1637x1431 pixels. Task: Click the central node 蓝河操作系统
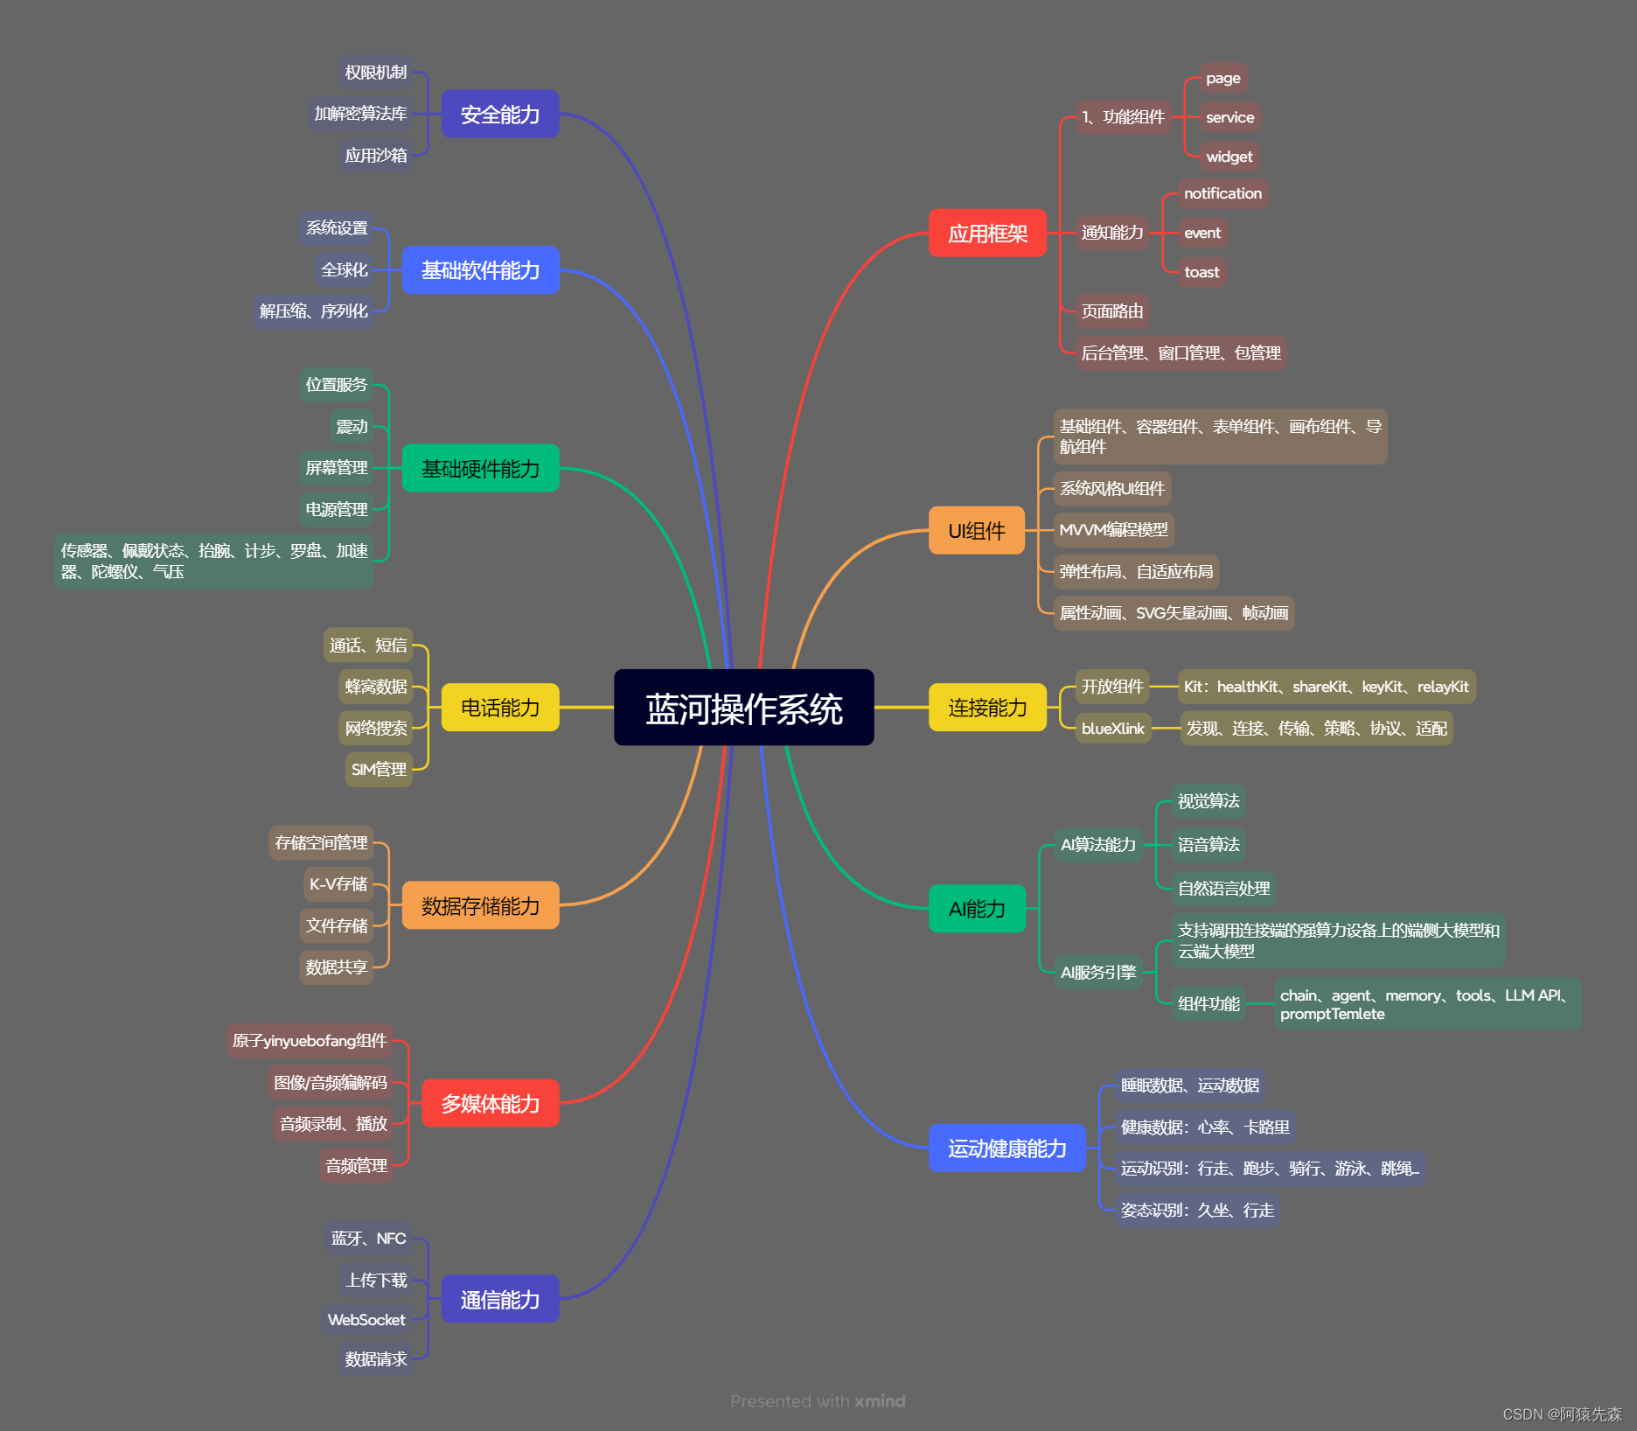tap(743, 708)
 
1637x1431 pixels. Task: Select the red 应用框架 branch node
tap(987, 234)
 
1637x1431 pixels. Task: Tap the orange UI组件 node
tap(976, 531)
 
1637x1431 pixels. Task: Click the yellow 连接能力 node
tap(987, 708)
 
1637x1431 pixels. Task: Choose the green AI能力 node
tap(976, 909)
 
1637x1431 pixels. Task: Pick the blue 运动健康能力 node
tap(1007, 1148)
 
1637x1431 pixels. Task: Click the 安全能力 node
tap(499, 115)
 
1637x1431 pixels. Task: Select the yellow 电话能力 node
tap(499, 708)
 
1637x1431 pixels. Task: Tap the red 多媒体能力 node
tap(490, 1104)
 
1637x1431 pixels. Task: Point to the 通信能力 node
tap(499, 1300)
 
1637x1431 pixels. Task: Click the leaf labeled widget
tap(1229, 157)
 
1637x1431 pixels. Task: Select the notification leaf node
tap(1223, 193)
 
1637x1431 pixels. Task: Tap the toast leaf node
tap(1202, 272)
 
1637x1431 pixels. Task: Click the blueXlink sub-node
tap(1112, 729)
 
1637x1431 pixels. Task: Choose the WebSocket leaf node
tap(366, 1320)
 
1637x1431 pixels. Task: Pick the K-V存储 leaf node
tap(338, 884)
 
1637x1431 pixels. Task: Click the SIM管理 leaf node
tap(379, 770)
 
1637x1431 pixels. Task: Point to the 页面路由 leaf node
tap(1111, 311)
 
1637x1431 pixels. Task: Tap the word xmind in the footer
tap(880, 1401)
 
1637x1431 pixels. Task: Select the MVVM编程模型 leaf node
tap(1113, 530)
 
